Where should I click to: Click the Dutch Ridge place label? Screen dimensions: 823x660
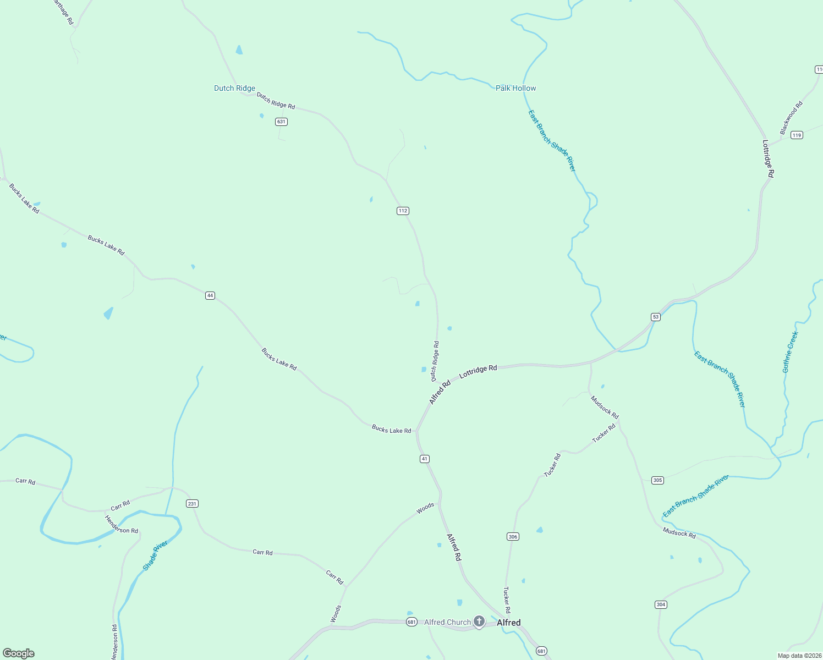(234, 88)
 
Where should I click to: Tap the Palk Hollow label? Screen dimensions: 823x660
(515, 88)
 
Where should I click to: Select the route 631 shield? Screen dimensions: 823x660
(281, 122)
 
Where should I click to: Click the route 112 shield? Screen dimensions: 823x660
(403, 211)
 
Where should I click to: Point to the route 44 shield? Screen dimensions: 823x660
(210, 295)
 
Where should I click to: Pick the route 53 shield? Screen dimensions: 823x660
(655, 317)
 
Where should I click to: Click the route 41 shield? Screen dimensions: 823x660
(424, 459)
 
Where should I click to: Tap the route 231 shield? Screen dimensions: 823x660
(191, 503)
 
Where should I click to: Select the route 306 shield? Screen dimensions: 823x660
(512, 536)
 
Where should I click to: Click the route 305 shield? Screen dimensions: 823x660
(657, 480)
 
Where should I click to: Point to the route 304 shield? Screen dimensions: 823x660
(661, 604)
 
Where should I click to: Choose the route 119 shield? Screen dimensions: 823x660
(797, 135)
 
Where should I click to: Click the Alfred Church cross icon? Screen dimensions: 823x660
(479, 622)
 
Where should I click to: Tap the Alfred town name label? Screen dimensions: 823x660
(508, 623)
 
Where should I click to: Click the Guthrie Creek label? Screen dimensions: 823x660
(790, 352)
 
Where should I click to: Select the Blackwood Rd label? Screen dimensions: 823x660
(791, 118)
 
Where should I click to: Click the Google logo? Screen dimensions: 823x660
(19, 653)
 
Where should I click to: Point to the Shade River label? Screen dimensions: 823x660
(155, 555)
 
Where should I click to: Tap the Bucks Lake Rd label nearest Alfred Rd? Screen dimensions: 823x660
(391, 430)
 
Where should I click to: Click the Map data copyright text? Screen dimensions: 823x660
(799, 656)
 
